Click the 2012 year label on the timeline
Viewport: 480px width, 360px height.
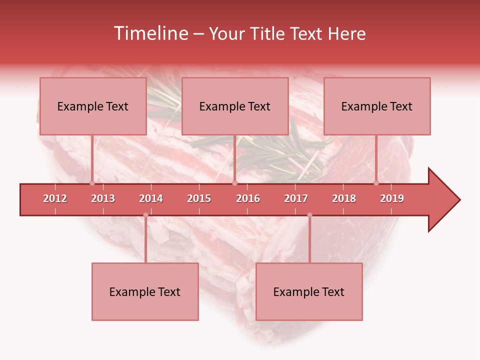[x=55, y=198]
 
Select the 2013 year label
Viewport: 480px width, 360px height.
[x=103, y=198]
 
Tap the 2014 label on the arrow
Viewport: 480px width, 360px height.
[x=151, y=198]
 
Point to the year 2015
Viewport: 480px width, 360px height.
[x=199, y=198]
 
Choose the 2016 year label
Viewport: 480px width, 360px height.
[x=248, y=198]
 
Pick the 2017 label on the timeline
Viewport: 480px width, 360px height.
[x=296, y=198]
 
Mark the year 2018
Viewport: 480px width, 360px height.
[x=344, y=198]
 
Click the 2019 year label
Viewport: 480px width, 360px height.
[x=392, y=198]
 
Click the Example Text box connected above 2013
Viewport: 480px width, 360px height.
[x=93, y=106]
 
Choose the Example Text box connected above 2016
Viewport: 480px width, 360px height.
[x=235, y=106]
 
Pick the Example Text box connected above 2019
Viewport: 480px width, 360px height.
[x=377, y=106]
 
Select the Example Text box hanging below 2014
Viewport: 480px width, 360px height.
[x=145, y=291]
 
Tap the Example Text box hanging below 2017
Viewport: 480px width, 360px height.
[x=309, y=291]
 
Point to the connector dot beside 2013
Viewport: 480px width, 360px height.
[x=92, y=183]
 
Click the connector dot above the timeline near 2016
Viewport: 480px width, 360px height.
[x=234, y=183]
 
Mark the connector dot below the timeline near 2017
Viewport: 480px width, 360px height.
[x=309, y=215]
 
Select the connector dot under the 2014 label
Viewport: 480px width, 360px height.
[x=145, y=215]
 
